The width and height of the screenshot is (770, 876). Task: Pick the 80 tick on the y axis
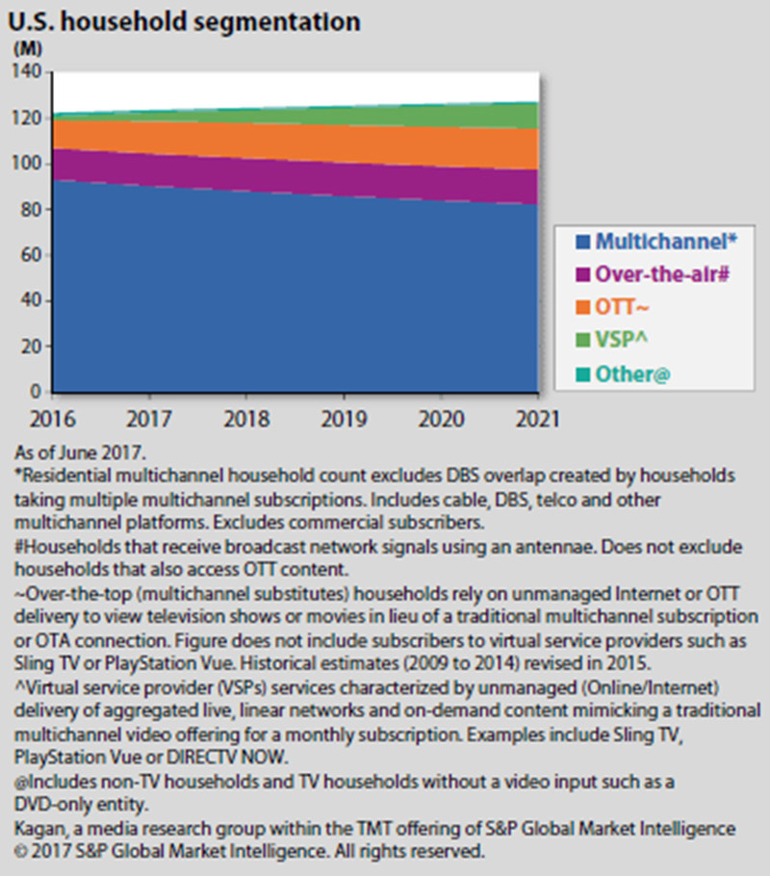tap(31, 210)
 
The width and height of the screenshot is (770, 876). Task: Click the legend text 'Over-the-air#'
tap(661, 273)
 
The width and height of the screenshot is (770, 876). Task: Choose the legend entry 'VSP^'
tap(622, 340)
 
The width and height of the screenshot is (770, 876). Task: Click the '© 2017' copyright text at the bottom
tap(40, 851)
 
